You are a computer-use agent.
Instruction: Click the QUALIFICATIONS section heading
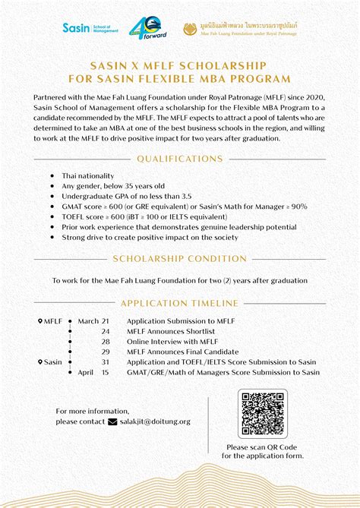[180, 159]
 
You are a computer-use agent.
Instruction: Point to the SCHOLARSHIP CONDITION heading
[180, 259]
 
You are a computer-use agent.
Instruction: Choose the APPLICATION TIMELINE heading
[180, 302]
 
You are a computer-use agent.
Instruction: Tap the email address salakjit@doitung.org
[155, 421]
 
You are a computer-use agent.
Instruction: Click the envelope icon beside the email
[113, 421]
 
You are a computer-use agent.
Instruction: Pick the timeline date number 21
[106, 321]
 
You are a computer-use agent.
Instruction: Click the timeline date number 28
[106, 342]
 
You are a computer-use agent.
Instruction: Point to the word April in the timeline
[85, 373]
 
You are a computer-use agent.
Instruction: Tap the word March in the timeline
[88, 321]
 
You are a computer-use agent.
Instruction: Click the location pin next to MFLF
[41, 321]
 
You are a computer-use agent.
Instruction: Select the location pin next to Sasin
[41, 362]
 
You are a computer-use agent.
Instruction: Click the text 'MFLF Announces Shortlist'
[171, 332]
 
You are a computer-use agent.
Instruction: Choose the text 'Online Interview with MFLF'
[172, 342]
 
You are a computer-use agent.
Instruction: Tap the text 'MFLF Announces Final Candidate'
[182, 352]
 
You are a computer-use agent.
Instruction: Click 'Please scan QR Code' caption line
[262, 448]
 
